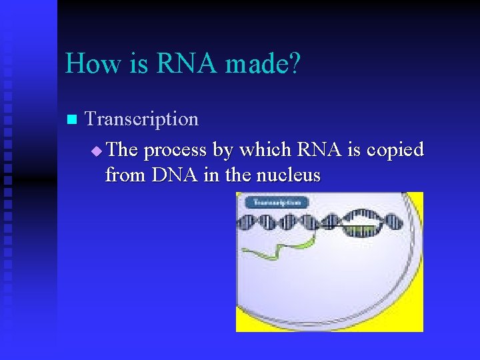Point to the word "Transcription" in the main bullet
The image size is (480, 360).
pos(142,119)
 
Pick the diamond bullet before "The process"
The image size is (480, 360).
pos(97,151)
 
